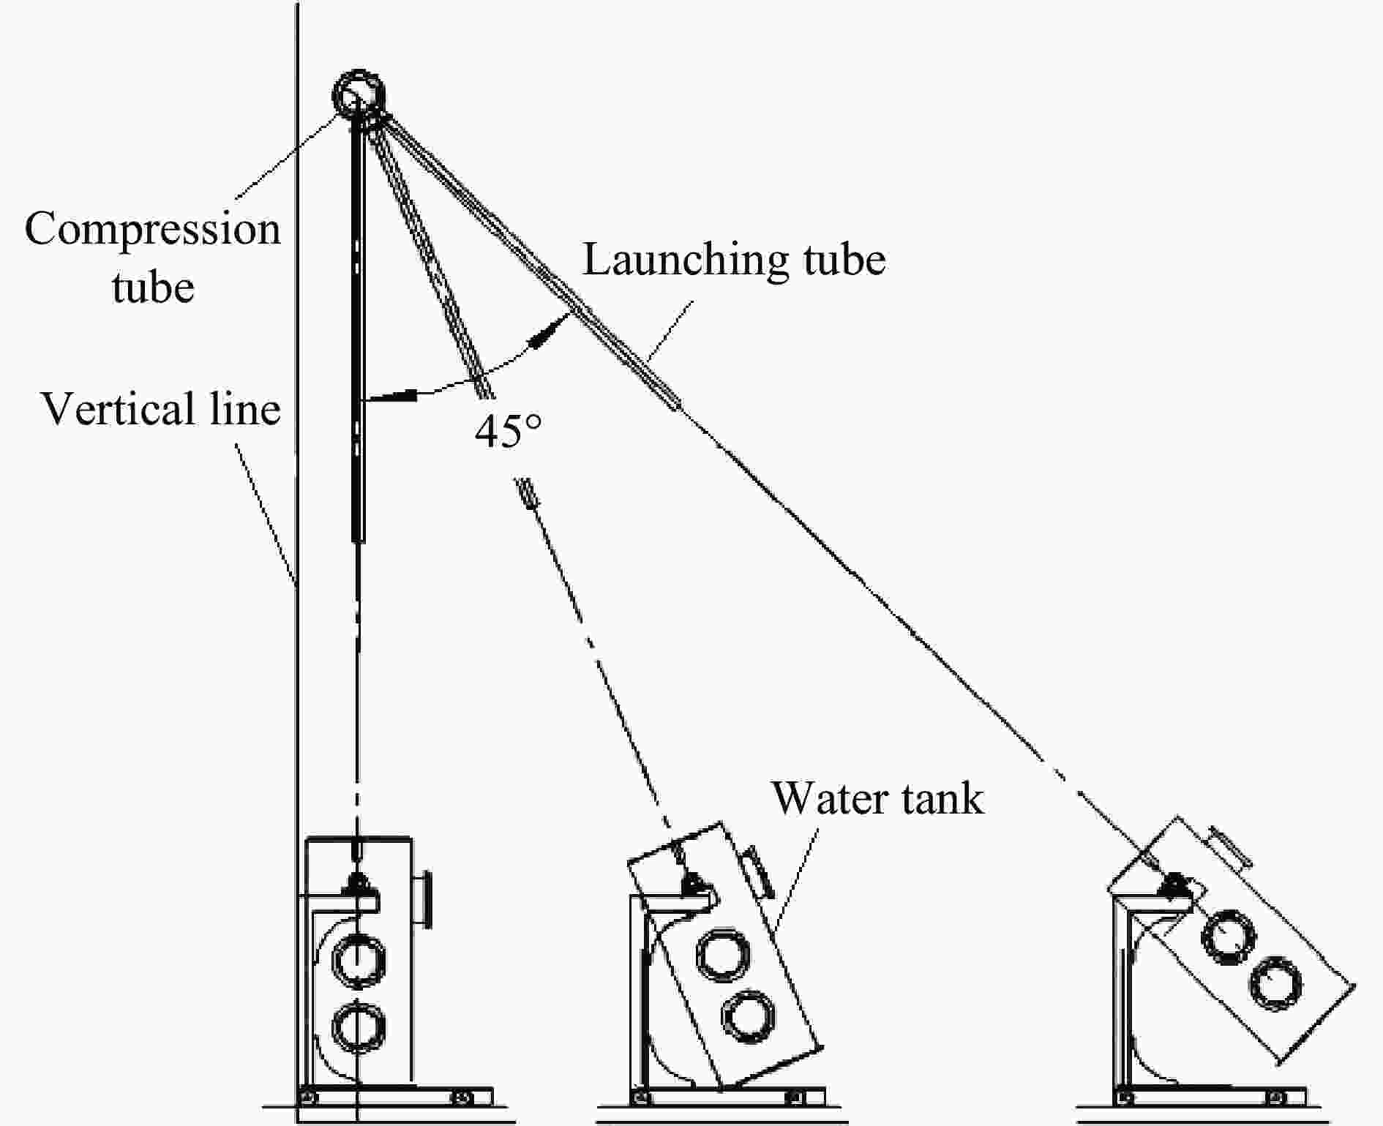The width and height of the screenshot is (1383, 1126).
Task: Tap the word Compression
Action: point(153,229)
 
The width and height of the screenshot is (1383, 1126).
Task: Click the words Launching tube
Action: point(734,259)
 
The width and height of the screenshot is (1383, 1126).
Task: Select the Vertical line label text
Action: point(161,408)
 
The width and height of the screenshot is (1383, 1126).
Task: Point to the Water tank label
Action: point(877,797)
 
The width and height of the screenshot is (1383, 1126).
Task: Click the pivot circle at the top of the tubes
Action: point(359,94)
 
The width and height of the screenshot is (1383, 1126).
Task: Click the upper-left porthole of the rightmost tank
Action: point(1229,937)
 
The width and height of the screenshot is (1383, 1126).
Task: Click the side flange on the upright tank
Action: point(426,900)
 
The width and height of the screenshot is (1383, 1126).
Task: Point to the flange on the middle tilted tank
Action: point(758,871)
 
